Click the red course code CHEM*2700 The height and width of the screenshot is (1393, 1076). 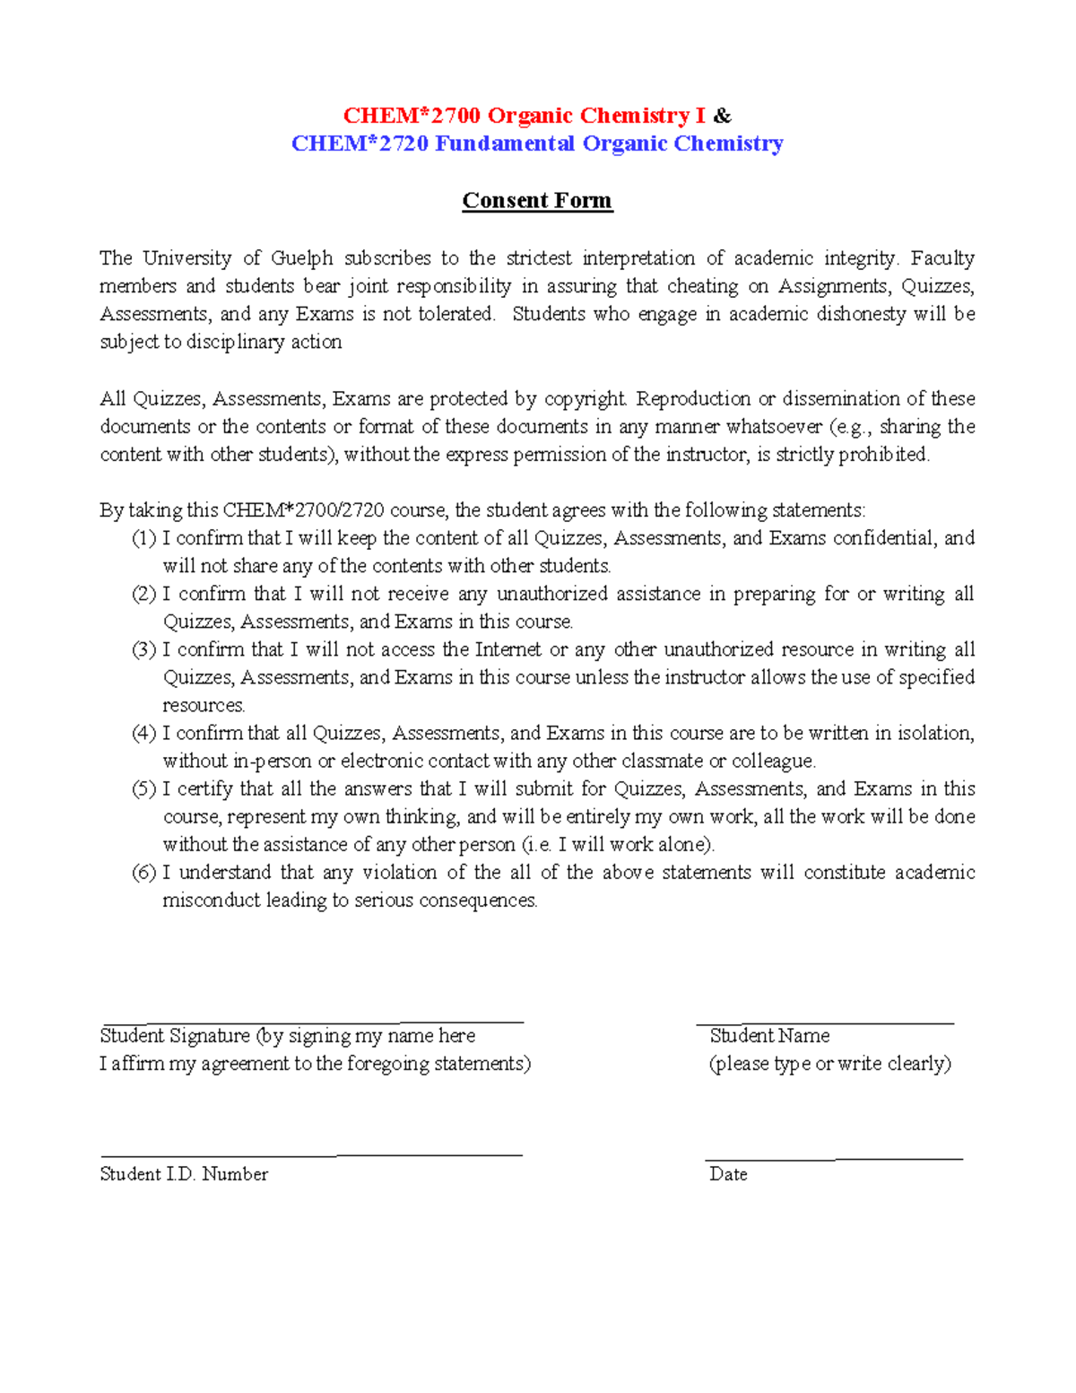412,116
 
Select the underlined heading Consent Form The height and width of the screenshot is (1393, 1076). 537,200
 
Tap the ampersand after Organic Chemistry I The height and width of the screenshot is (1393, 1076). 723,116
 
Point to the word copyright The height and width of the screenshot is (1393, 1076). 585,398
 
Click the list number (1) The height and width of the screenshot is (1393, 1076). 143,538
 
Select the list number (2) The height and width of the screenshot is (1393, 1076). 143,594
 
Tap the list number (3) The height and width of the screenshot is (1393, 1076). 143,649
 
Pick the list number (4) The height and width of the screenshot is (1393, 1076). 143,733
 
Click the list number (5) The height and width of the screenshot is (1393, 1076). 143,788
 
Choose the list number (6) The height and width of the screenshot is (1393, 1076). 143,872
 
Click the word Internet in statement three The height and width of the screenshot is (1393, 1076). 508,649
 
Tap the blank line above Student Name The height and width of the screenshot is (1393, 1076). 825,1022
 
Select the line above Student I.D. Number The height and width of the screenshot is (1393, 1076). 311,1155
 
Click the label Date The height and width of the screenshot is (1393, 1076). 728,1174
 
